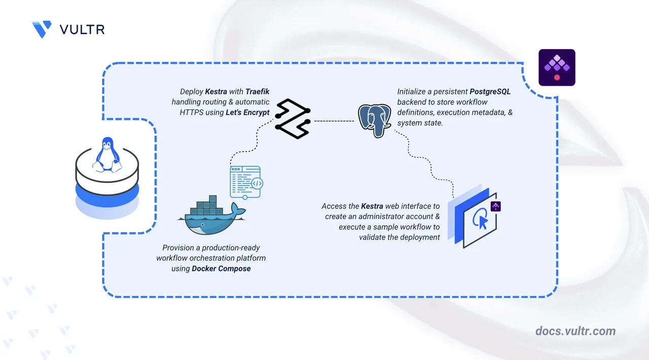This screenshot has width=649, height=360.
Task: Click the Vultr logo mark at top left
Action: (42, 29)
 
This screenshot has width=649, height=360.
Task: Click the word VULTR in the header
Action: (82, 29)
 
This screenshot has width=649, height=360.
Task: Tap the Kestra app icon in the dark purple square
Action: (557, 67)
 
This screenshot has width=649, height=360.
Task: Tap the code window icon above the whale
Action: (245, 182)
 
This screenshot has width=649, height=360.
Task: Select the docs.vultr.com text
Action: (575, 331)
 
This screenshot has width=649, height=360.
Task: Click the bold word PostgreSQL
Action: (489, 92)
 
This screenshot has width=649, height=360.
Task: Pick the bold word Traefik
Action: (258, 92)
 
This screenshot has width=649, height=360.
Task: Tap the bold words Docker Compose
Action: (221, 268)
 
